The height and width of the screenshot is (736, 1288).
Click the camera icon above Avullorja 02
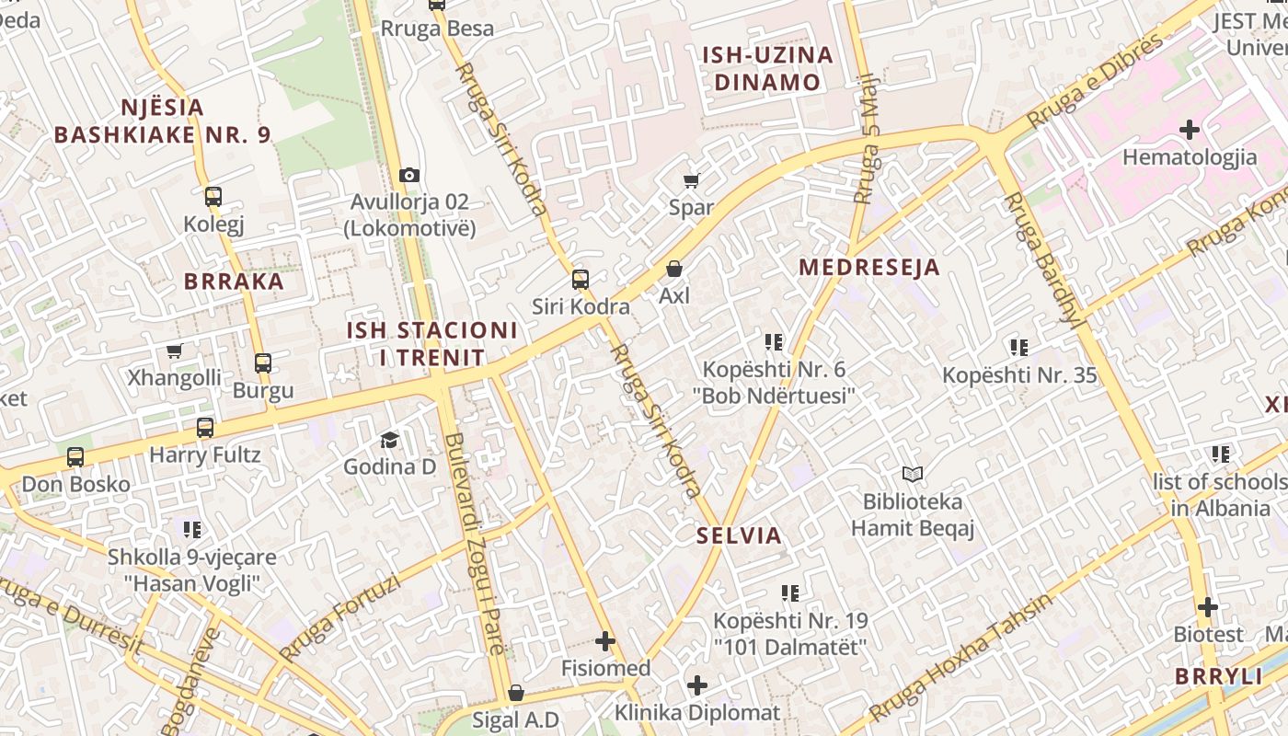pyautogui.click(x=409, y=175)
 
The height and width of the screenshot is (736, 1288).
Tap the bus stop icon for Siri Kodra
pyautogui.click(x=581, y=280)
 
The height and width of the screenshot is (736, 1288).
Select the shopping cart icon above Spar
pyautogui.click(x=691, y=180)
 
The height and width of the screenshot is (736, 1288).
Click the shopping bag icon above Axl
pyautogui.click(x=674, y=269)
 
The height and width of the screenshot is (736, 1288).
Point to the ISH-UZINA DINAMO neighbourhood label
pyautogui.click(x=768, y=68)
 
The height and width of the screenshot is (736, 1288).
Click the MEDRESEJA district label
pyautogui.click(x=869, y=268)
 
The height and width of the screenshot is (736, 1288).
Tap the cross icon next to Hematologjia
pyautogui.click(x=1190, y=130)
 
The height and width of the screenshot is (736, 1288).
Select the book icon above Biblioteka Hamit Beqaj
pyautogui.click(x=913, y=475)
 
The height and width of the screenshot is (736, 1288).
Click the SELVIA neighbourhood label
pyautogui.click(x=739, y=535)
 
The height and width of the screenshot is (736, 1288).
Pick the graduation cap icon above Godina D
pyautogui.click(x=390, y=440)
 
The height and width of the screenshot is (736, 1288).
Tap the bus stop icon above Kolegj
pyautogui.click(x=213, y=196)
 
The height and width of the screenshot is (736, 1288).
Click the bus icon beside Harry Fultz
pyautogui.click(x=205, y=428)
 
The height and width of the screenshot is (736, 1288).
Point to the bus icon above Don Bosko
pyautogui.click(x=75, y=457)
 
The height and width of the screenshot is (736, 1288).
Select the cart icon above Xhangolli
pyautogui.click(x=174, y=351)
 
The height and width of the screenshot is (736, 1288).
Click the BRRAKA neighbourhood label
pyautogui.click(x=235, y=282)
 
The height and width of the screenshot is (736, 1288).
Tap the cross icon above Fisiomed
pyautogui.click(x=605, y=641)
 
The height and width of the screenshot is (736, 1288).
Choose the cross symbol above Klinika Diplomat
pyautogui.click(x=697, y=685)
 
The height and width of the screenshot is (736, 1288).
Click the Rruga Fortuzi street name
pyautogui.click(x=340, y=618)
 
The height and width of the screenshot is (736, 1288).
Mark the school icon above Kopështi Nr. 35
pyautogui.click(x=1019, y=347)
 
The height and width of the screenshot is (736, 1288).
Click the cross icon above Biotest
pyautogui.click(x=1208, y=607)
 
